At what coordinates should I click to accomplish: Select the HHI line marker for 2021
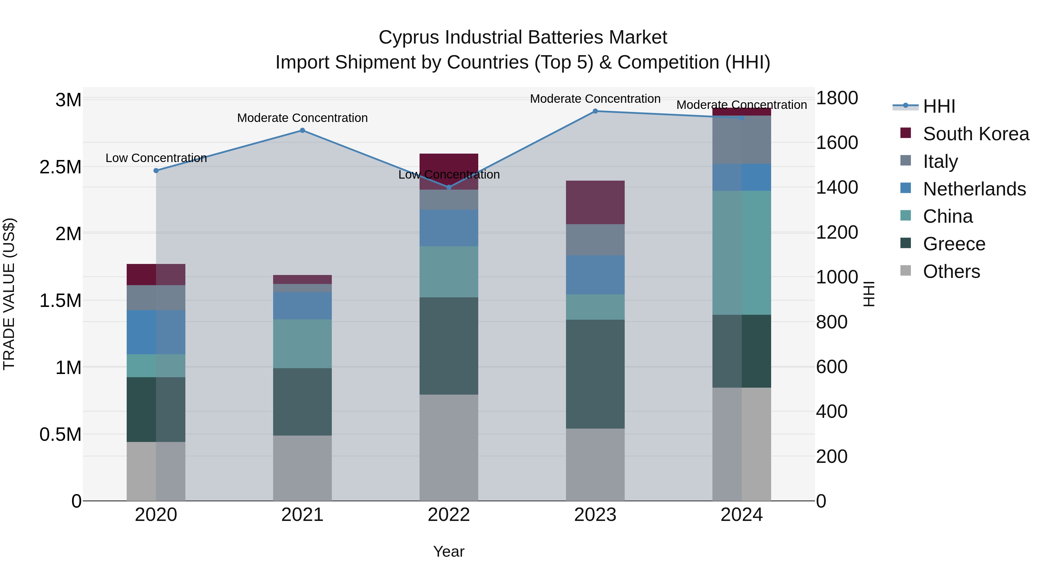(x=302, y=131)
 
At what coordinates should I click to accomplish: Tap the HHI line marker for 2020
(x=156, y=171)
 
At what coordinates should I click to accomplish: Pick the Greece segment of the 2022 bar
(x=449, y=346)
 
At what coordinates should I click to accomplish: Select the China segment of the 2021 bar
(x=302, y=344)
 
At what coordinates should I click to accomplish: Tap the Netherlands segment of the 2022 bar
(x=449, y=228)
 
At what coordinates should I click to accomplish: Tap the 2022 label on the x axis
(x=449, y=515)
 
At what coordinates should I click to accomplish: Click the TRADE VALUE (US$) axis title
(x=9, y=294)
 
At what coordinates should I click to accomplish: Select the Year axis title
(x=449, y=551)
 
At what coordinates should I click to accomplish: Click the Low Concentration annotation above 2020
(x=156, y=158)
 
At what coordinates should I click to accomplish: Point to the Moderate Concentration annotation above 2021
(x=302, y=118)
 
